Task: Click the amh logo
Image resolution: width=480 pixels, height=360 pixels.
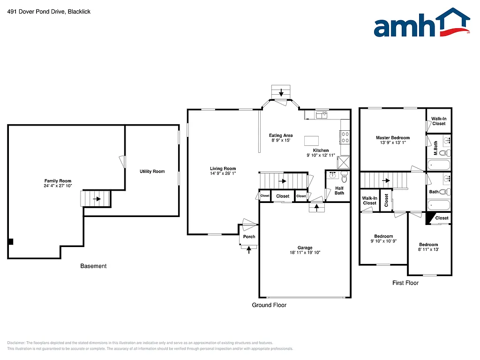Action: coord(421,23)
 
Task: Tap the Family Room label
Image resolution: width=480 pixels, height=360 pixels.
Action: coord(58,181)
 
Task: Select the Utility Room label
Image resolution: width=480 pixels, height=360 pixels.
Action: coord(152,172)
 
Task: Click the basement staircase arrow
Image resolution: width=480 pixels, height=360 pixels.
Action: coord(97,199)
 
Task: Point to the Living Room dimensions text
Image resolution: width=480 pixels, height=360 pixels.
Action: coord(223,173)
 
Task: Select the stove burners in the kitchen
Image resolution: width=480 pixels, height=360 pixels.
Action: coord(345,137)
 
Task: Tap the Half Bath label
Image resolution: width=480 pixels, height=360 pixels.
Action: coord(339,190)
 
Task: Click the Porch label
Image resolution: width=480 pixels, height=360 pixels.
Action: coord(249,237)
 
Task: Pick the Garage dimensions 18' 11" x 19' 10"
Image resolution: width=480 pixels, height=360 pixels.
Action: coord(305,253)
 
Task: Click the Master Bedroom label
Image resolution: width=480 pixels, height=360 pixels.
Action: coord(393,138)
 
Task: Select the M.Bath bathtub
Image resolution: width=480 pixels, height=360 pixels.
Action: coord(439,165)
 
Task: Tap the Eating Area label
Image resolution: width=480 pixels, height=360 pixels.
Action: coord(282,135)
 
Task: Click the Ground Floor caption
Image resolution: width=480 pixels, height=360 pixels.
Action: coord(269,305)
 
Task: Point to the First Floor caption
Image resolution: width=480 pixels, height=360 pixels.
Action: coord(405,283)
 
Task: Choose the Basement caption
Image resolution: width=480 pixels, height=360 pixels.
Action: coord(93,266)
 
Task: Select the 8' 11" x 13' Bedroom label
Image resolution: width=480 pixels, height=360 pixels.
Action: coord(428,245)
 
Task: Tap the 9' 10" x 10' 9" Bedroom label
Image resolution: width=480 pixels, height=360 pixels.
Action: coord(383,236)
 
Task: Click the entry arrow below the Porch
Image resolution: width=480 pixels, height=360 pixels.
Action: coord(249,249)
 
